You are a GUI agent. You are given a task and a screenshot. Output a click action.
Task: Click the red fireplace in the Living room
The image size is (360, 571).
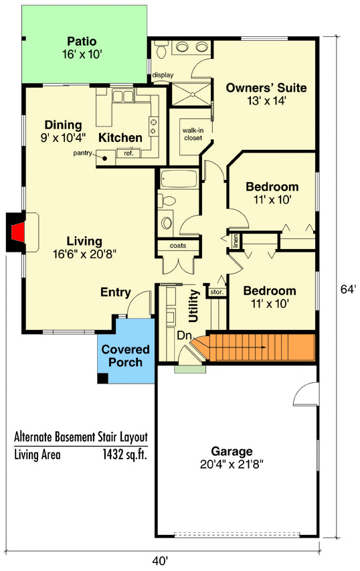coord(19,232)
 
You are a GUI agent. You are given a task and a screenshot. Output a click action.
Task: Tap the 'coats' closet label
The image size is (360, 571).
coord(177,245)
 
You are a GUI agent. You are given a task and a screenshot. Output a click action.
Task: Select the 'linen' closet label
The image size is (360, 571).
coord(236,240)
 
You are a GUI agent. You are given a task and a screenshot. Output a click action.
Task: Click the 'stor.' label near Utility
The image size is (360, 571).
coord(216,292)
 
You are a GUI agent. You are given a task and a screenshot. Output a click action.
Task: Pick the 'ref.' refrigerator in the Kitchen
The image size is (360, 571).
coord(128,154)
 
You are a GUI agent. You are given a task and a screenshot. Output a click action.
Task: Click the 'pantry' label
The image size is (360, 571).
coord(83,154)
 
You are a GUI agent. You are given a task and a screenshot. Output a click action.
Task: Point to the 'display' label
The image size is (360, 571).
coord(161,75)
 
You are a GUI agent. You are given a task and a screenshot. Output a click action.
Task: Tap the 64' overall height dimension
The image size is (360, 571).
coord(348,290)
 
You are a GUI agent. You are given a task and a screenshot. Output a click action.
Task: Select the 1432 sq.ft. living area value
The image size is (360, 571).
coord(123,455)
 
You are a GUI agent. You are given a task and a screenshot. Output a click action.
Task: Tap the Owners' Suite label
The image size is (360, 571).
coord(266,88)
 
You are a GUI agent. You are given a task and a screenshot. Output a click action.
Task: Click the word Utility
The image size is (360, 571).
coord(195,305)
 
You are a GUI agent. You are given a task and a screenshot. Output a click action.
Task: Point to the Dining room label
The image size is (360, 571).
coord(63,125)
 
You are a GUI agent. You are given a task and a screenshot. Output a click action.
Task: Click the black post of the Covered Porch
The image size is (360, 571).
coord(102,378)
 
